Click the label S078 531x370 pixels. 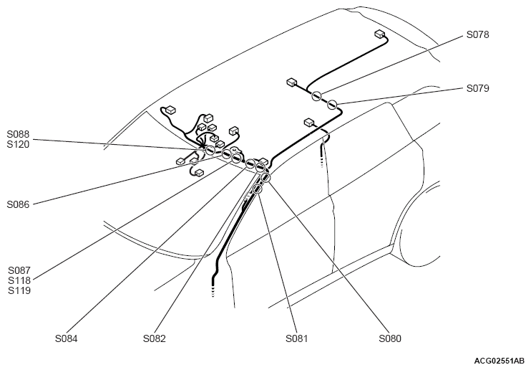(x=477, y=34)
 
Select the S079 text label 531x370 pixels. (x=477, y=88)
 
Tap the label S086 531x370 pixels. (x=19, y=204)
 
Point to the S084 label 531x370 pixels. (x=67, y=338)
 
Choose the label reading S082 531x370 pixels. (x=155, y=338)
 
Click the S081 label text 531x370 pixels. (x=297, y=338)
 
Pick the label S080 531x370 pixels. (x=390, y=338)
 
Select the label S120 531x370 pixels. (x=19, y=144)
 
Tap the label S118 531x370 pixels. (x=19, y=280)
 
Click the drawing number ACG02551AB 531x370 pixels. (x=500, y=361)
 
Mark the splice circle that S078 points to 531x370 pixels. (x=316, y=96)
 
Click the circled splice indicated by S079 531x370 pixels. (x=332, y=105)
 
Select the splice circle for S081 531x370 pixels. (x=258, y=189)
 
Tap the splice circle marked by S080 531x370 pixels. (x=265, y=178)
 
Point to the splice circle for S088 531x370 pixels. (x=210, y=150)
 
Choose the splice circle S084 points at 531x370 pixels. (x=250, y=164)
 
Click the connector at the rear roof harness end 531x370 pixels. (x=379, y=34)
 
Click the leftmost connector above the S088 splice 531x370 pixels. (x=170, y=109)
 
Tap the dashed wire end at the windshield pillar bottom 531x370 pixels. (x=213, y=289)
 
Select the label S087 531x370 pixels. (x=19, y=270)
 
